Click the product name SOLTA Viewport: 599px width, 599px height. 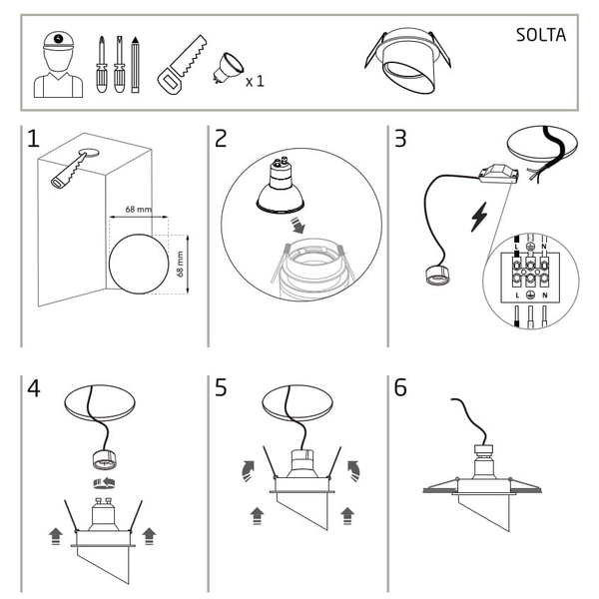540,35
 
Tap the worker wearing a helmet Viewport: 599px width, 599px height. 58,65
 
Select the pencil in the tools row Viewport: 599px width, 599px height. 135,65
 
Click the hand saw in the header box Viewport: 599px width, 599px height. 182,65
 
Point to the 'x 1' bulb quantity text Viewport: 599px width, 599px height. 255,81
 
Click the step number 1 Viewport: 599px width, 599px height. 33,139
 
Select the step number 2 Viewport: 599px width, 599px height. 221,139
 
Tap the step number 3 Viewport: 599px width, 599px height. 400,139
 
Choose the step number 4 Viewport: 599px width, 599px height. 34,388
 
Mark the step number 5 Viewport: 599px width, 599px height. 221,387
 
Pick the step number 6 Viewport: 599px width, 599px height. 400,387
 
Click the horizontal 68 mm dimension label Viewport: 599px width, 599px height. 139,210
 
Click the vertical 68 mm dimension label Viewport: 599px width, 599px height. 181,264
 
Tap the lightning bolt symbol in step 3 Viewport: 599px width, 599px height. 479,217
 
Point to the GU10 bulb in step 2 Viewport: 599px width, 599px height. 281,185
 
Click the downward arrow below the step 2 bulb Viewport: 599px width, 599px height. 298,226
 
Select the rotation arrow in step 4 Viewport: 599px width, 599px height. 105,483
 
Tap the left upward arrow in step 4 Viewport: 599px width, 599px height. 56,536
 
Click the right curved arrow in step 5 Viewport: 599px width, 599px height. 353,470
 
